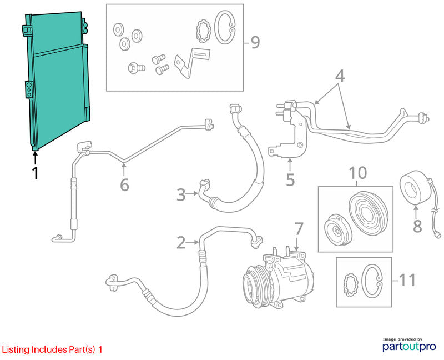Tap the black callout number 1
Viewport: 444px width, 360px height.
[x=35, y=173]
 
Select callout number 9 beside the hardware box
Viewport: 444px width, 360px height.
[x=255, y=43]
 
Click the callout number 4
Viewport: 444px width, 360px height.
[x=340, y=76]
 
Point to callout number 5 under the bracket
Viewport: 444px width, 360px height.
[x=290, y=179]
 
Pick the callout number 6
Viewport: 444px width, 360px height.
[x=124, y=185]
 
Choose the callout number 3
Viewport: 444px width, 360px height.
[x=181, y=195]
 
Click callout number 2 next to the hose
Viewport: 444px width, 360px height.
[x=181, y=243]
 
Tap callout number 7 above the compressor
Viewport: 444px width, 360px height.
[x=299, y=229]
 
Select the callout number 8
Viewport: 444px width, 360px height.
[x=417, y=226]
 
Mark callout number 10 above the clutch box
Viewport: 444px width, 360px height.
[x=358, y=173]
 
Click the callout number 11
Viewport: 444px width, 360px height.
[x=407, y=280]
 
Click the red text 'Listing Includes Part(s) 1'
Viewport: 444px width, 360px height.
[x=52, y=349]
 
